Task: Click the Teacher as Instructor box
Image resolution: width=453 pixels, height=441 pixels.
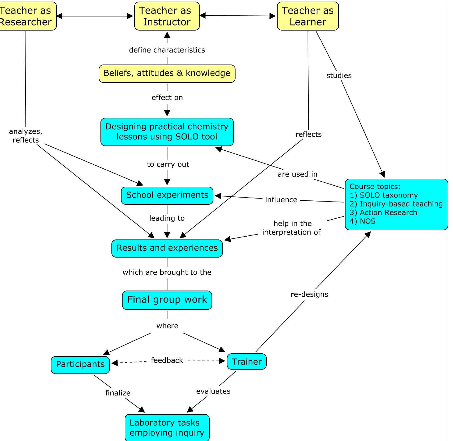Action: [167, 16]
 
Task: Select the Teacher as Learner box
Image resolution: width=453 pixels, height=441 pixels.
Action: [308, 16]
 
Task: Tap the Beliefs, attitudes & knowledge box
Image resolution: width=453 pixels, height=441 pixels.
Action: [167, 73]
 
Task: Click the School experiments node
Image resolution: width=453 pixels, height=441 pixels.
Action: [167, 195]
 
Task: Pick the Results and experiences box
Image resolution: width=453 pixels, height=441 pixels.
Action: [167, 248]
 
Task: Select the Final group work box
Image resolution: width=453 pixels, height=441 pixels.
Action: [167, 300]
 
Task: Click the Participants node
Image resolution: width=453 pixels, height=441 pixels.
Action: [80, 364]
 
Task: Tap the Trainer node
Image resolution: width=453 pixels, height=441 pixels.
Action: [247, 362]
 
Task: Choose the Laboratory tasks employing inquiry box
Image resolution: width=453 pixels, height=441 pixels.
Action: [167, 427]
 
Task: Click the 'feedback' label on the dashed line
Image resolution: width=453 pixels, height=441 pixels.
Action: [167, 361]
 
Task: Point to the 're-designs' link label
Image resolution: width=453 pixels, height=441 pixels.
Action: [309, 294]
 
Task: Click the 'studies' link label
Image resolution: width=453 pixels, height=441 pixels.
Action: [339, 76]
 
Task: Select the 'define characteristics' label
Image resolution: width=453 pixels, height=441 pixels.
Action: [167, 50]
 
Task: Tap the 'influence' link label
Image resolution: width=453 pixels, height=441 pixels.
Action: [281, 200]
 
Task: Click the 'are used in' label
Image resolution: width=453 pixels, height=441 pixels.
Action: [297, 174]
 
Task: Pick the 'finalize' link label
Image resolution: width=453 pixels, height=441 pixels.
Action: [118, 393]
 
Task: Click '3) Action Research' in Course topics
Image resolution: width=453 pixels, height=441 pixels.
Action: [383, 213]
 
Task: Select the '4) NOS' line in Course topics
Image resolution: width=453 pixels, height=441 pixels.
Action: [363, 221]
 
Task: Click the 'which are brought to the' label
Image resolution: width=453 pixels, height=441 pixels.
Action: [167, 272]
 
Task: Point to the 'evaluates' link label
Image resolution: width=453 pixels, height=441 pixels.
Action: [213, 391]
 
